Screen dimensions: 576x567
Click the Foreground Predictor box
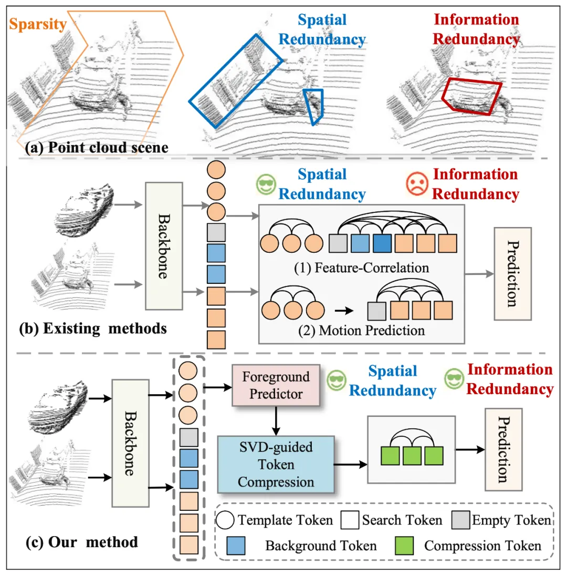tap(276, 385)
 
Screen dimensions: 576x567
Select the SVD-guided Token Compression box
tap(276, 464)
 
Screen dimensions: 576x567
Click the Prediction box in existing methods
tap(513, 273)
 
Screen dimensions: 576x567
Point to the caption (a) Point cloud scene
tap(97, 147)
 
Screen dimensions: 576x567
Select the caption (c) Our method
tap(81, 541)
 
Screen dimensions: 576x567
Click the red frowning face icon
tap(418, 184)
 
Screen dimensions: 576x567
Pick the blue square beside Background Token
tap(237, 545)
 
